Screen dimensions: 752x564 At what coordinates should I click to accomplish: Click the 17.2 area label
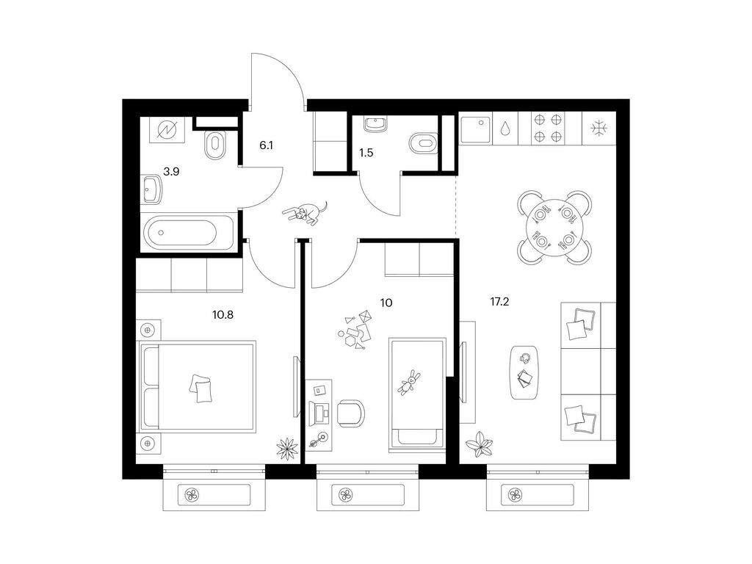pyautogui.click(x=499, y=302)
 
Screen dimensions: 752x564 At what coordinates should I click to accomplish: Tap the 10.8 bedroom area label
pyautogui.click(x=223, y=315)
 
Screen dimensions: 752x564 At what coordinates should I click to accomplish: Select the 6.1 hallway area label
pyautogui.click(x=266, y=145)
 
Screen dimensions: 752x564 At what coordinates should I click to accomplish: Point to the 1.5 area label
pyautogui.click(x=366, y=153)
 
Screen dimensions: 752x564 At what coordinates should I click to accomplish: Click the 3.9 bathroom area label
pyautogui.click(x=171, y=171)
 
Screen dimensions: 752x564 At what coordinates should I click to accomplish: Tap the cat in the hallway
pyautogui.click(x=305, y=214)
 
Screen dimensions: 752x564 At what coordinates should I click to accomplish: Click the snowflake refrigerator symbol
pyautogui.click(x=599, y=128)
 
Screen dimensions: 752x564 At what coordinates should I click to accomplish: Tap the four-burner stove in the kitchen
pyautogui.click(x=548, y=128)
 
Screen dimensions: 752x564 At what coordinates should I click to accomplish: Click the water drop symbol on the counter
pyautogui.click(x=505, y=129)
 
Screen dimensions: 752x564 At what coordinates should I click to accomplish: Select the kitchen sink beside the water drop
pyautogui.click(x=475, y=129)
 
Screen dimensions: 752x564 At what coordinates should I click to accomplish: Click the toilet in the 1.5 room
pyautogui.click(x=424, y=143)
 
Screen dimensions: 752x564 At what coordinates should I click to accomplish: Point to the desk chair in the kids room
pyautogui.click(x=350, y=413)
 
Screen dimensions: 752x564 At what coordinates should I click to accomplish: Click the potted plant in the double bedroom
pyautogui.click(x=287, y=448)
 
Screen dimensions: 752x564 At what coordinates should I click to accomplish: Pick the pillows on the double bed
pyautogui.click(x=200, y=388)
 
